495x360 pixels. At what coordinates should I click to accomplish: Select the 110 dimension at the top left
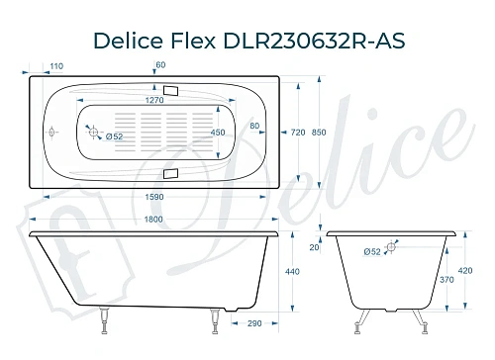tap(55, 66)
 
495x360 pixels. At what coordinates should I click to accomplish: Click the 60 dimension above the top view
tap(159, 66)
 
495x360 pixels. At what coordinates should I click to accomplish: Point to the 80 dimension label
tap(255, 127)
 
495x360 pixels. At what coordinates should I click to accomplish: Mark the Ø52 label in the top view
tap(113, 136)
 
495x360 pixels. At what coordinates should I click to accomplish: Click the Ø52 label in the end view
tap(372, 253)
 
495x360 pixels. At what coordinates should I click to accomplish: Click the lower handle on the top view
tap(171, 174)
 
